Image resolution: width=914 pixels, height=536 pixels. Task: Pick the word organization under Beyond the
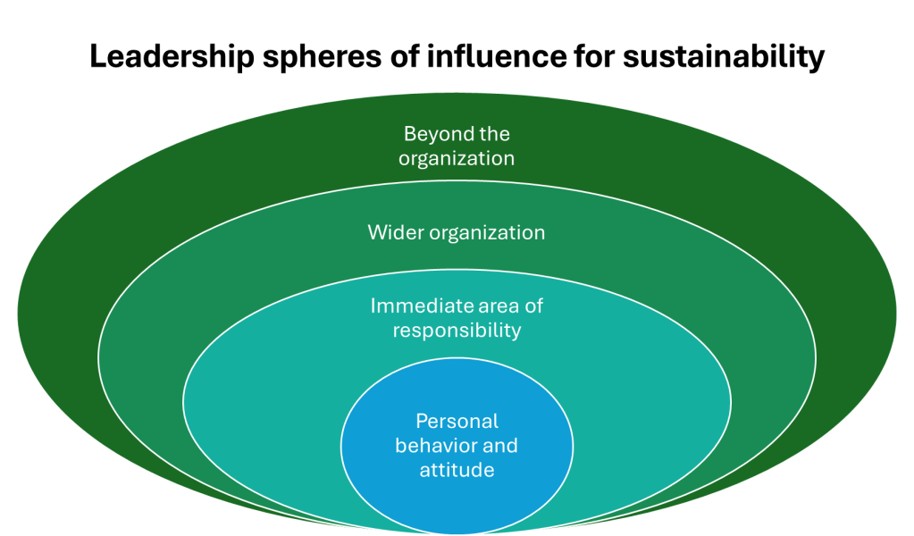click(x=457, y=159)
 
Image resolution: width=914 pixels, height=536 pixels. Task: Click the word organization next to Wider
click(x=487, y=232)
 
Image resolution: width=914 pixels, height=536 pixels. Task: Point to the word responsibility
click(x=457, y=331)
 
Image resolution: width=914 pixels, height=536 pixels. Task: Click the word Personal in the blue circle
click(x=457, y=421)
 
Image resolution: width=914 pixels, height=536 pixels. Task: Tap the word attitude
click(x=457, y=469)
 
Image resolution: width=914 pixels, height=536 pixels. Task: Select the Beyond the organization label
click(x=457, y=147)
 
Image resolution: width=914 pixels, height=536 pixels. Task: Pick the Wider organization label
click(x=457, y=232)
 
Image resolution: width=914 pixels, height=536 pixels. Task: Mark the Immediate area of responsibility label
click(x=457, y=318)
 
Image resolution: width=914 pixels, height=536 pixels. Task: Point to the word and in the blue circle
click(x=500, y=445)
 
